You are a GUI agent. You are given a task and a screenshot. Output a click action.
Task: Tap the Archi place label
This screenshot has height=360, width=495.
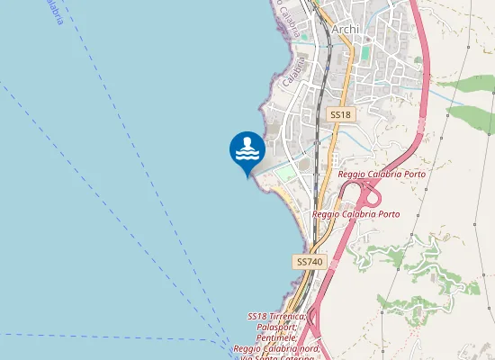(x=345, y=30)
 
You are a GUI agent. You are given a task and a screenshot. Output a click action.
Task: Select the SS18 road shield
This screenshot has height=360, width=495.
(x=339, y=115)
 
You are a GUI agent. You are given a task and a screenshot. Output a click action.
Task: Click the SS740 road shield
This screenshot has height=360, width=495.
(x=308, y=261)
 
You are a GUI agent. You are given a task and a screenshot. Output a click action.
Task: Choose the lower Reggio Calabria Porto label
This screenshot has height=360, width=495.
(x=355, y=214)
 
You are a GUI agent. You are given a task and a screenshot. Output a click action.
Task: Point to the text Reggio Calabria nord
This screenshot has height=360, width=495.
(x=275, y=348)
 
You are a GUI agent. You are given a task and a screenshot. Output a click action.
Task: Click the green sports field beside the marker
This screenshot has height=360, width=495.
(x=284, y=172)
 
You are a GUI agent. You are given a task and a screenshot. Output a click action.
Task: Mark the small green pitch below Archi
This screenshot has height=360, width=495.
(x=365, y=53)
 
